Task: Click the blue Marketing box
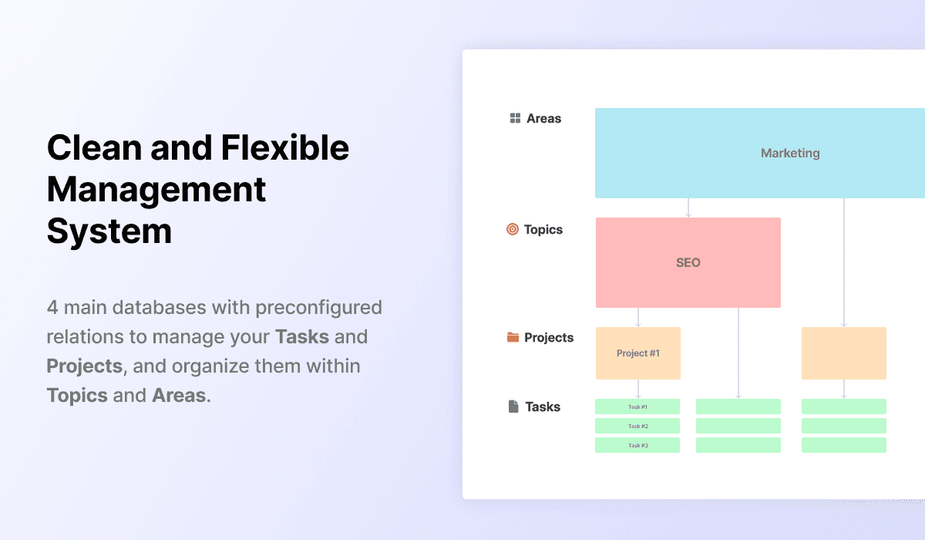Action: coord(760,153)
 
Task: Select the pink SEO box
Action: coord(688,262)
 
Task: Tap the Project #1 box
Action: coord(638,353)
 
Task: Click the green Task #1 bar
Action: coord(637,407)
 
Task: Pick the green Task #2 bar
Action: coord(637,426)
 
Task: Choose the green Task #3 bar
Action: coord(637,445)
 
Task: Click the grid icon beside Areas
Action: coord(515,118)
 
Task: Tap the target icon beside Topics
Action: coord(513,229)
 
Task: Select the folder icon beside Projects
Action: coord(513,337)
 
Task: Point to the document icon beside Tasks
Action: coord(513,406)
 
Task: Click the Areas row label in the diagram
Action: coord(543,119)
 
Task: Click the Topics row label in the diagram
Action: coord(543,229)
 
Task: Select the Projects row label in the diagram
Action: coord(549,338)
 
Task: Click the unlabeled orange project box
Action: coord(844,353)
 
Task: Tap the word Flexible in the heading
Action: coord(285,148)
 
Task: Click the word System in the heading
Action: coord(109,231)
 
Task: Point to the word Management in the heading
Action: coord(156,190)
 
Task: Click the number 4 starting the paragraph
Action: coord(52,307)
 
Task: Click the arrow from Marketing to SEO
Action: coord(688,208)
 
